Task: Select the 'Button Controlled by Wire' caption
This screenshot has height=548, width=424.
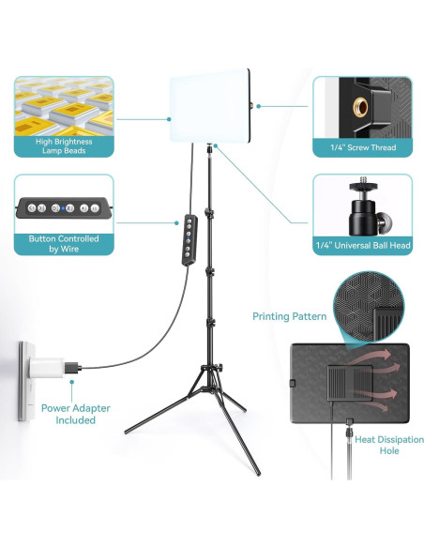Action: [64, 244]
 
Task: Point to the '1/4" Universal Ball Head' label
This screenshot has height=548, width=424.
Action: [361, 246]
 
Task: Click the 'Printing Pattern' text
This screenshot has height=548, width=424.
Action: [289, 316]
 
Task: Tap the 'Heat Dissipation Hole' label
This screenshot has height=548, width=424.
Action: [376, 446]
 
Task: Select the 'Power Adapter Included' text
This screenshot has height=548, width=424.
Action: [74, 414]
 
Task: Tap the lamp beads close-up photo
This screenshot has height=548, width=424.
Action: [64, 104]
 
